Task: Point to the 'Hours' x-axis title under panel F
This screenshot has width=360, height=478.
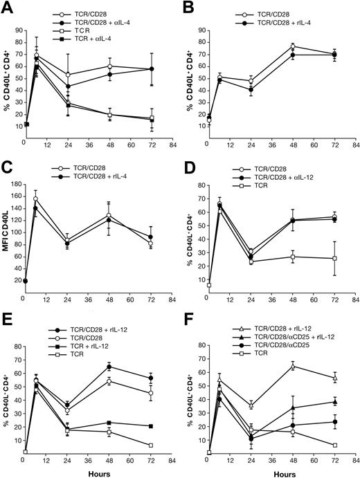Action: pos(277,471)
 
